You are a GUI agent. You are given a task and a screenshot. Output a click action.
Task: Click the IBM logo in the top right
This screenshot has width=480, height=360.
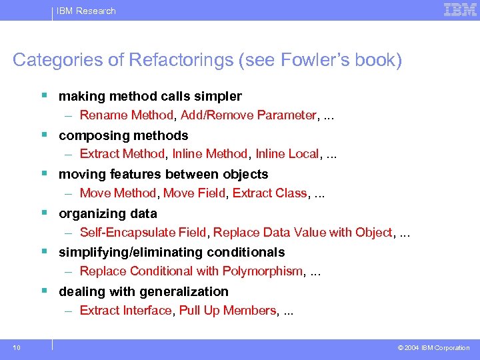pyautogui.click(x=460, y=10)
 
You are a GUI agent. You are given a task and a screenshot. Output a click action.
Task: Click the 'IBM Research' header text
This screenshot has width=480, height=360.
pyautogui.click(x=86, y=11)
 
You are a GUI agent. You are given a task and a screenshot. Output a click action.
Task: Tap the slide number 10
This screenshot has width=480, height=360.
pyautogui.click(x=15, y=347)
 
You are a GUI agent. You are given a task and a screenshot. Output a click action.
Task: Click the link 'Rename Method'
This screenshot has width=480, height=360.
pyautogui.click(x=126, y=115)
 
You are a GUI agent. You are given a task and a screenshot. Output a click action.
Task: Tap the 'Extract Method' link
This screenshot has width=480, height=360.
pyautogui.click(x=122, y=154)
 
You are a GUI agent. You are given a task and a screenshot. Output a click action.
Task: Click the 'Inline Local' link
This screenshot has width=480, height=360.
pyautogui.click(x=287, y=154)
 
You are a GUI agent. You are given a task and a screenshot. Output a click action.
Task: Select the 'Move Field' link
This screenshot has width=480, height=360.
pyautogui.click(x=195, y=193)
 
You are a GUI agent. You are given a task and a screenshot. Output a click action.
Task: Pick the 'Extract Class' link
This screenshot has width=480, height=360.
pyautogui.click(x=270, y=193)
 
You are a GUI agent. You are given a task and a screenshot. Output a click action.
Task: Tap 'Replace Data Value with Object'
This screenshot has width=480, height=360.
pyautogui.click(x=303, y=233)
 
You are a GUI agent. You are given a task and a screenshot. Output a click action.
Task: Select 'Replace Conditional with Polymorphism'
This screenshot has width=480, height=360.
pyautogui.click(x=191, y=271)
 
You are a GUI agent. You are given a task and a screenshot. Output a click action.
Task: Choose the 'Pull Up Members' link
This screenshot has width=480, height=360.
pyautogui.click(x=227, y=311)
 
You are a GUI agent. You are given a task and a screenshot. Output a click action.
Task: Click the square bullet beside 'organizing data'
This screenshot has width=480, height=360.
pyautogui.click(x=44, y=213)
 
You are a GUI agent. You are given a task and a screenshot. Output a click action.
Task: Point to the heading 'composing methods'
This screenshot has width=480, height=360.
pyautogui.click(x=123, y=135)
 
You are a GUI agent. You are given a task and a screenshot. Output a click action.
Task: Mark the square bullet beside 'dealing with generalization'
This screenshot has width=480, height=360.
pyautogui.click(x=44, y=291)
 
